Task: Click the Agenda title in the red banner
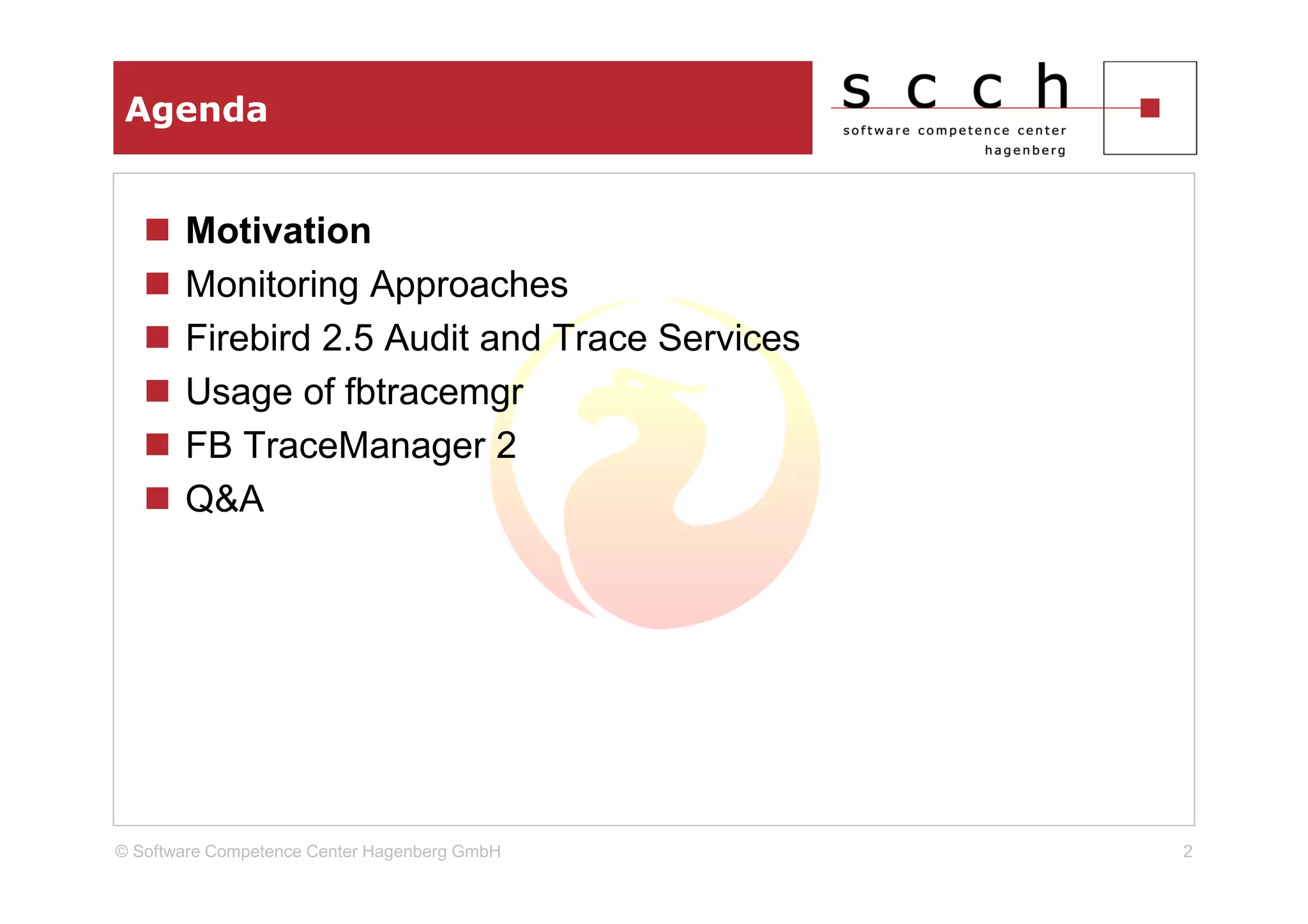tap(196, 110)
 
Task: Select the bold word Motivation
tap(278, 231)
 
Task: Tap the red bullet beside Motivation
tap(157, 230)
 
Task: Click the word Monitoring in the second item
tap(271, 285)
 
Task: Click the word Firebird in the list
tap(248, 338)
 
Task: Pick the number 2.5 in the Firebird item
tap(347, 338)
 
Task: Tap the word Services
tap(728, 338)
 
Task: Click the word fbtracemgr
tap(434, 392)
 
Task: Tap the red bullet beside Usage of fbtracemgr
tap(157, 391)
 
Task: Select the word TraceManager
tap(364, 446)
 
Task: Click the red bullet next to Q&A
tap(157, 498)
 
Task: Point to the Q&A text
tap(224, 499)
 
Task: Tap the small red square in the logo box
tap(1150, 108)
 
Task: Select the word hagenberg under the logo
tap(1024, 151)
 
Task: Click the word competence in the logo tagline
tap(963, 131)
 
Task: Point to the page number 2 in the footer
tap(1187, 851)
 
